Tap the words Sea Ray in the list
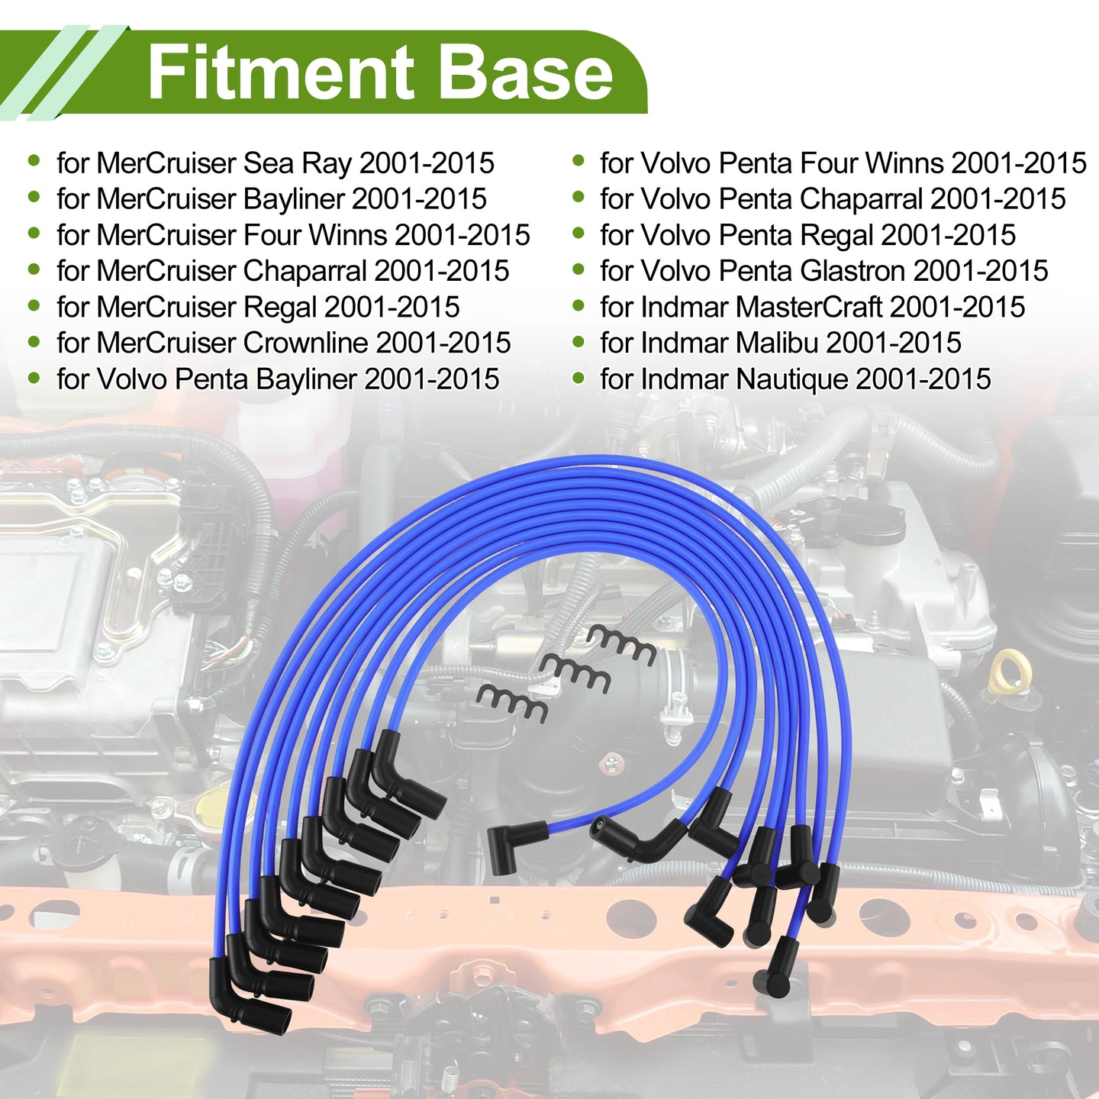[x=297, y=164]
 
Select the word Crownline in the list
[x=305, y=343]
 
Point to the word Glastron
[x=852, y=271]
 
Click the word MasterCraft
[x=808, y=308]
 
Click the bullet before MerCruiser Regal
[x=34, y=306]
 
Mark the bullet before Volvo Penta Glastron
[x=579, y=269]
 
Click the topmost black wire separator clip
[x=622, y=644]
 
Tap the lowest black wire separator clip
[x=512, y=703]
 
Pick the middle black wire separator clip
[x=575, y=674]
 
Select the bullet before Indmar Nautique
[x=579, y=378]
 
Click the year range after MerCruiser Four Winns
[x=462, y=236]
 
